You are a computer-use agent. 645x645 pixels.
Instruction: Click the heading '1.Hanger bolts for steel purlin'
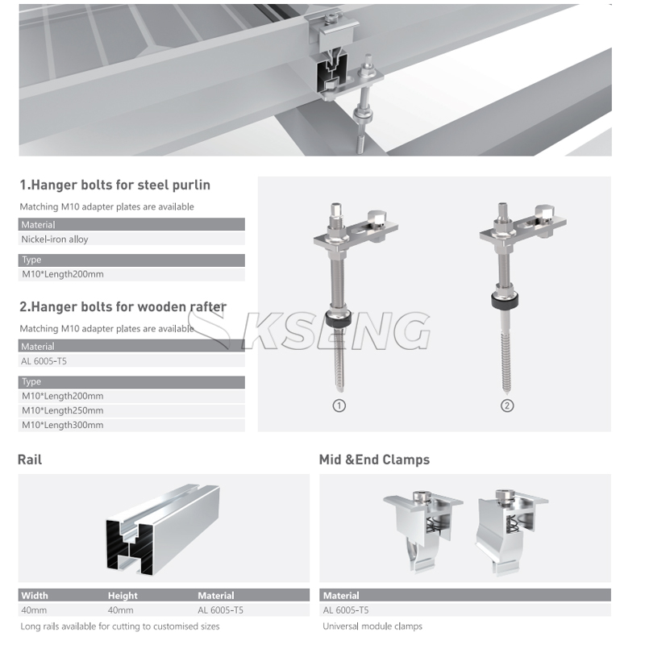(114, 185)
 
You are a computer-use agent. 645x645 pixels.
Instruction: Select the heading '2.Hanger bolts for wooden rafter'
(123, 307)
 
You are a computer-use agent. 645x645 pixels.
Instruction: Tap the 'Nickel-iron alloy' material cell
(55, 239)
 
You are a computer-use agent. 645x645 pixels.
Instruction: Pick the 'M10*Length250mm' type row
(63, 410)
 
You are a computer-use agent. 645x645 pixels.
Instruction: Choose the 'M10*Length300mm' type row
(63, 425)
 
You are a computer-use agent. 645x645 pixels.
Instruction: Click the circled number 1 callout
(339, 406)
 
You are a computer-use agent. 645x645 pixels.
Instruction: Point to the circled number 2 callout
(507, 406)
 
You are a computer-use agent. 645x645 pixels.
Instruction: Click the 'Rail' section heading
(30, 460)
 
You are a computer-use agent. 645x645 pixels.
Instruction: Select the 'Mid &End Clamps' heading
(374, 460)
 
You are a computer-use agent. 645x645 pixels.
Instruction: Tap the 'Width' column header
(35, 595)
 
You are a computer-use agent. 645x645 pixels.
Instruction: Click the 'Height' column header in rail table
(123, 595)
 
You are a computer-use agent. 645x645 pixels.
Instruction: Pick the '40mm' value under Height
(120, 610)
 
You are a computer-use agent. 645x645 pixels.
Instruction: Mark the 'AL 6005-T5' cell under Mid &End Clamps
(346, 610)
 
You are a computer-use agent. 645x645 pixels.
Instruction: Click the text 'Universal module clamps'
(372, 626)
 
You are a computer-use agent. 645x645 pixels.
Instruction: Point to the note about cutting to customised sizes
(120, 626)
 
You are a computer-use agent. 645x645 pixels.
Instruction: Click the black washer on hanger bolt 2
(505, 300)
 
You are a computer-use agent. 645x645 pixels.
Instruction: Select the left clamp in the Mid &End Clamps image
(422, 530)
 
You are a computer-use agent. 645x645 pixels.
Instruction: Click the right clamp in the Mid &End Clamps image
(510, 531)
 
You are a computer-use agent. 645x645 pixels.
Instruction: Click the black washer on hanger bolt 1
(339, 318)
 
